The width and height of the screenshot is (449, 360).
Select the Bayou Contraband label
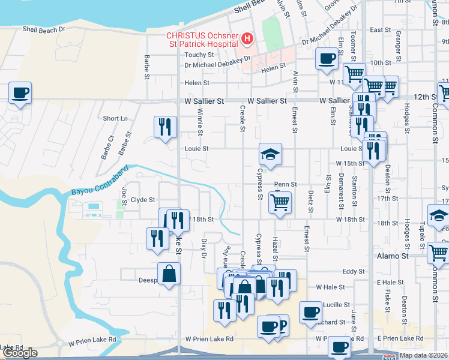point(96,184)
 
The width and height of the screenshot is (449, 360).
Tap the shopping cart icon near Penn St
point(280,203)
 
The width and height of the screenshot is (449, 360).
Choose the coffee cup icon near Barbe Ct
point(20,93)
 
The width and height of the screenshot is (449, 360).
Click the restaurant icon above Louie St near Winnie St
point(164,127)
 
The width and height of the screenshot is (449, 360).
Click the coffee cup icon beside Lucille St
point(310,312)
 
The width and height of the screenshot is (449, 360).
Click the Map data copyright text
point(423,355)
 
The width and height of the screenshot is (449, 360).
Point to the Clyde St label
point(143,200)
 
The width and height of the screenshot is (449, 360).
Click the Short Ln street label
point(115,119)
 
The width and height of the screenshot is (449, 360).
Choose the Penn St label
point(286,184)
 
